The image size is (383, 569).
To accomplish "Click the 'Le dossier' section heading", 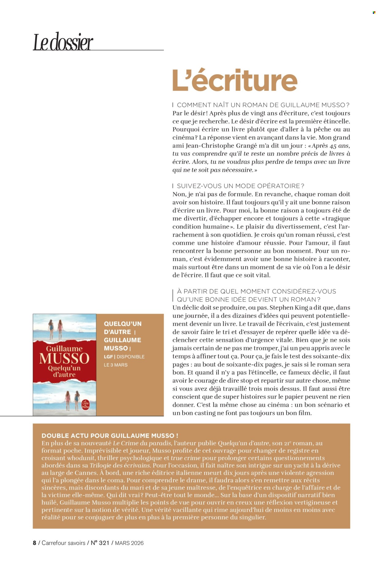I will click(x=63, y=42).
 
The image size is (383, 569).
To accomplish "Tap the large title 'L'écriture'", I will click(x=235, y=80).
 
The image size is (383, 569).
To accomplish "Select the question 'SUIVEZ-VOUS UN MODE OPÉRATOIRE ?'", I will click(x=241, y=186).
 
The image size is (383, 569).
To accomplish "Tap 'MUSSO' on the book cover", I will click(x=64, y=358).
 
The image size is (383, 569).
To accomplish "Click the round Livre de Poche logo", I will click(x=85, y=405).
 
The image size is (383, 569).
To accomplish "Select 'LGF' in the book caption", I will click(x=108, y=357).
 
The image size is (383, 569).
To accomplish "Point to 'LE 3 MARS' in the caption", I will click(x=116, y=365).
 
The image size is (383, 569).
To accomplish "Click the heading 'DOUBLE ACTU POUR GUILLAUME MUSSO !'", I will click(x=110, y=436).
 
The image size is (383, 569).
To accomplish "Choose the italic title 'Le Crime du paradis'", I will click(x=142, y=443).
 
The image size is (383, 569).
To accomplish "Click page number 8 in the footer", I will click(x=34, y=543).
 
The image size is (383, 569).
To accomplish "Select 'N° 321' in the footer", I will click(x=100, y=543).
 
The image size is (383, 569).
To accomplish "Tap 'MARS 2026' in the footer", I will click(x=129, y=543).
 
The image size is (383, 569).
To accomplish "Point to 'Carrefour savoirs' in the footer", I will click(x=63, y=543).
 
